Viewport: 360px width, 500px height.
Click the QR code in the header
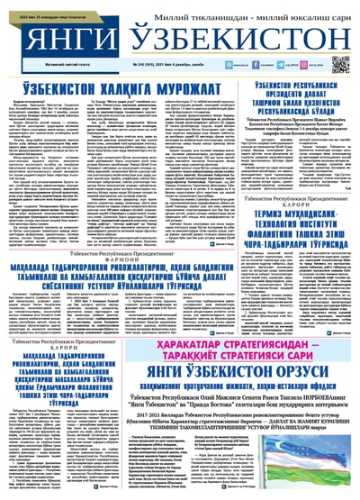coord(338,65)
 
